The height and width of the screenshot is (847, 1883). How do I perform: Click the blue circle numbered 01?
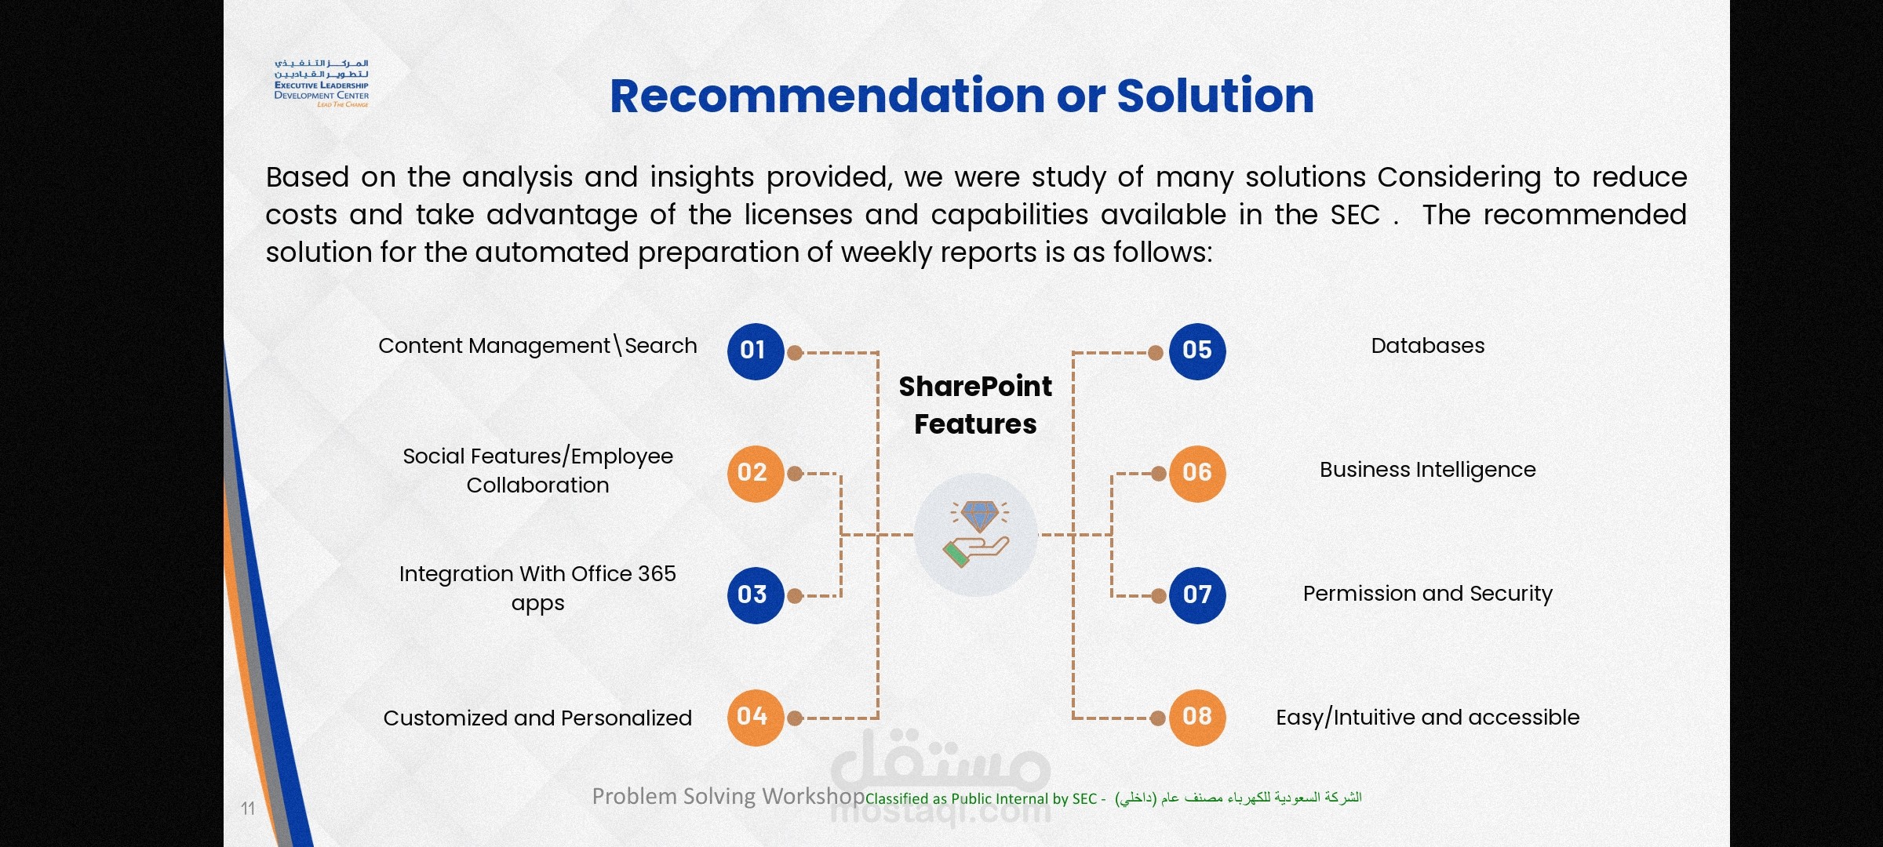755,351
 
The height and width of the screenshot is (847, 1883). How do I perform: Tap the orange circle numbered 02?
755,474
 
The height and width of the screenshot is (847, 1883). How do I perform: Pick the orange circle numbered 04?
755,718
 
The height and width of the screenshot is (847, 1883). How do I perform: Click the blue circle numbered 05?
1197,351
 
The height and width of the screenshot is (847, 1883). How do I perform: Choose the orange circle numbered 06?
1197,474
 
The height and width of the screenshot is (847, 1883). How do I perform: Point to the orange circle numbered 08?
1197,718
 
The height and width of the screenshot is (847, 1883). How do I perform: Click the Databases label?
1428,346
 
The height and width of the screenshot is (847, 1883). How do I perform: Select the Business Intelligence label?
1428,470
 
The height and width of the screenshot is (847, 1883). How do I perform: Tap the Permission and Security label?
1428,594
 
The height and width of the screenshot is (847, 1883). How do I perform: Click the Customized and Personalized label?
537,718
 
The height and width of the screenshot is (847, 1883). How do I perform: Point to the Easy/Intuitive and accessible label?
1428,718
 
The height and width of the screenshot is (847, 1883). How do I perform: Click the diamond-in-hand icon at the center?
976,535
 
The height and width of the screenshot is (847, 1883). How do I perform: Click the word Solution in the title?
1215,96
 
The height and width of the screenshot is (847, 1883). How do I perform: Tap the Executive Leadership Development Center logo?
322,82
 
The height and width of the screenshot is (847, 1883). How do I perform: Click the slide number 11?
248,809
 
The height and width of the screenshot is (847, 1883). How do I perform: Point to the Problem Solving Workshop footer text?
728,796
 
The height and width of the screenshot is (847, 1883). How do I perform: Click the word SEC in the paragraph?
1355,215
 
